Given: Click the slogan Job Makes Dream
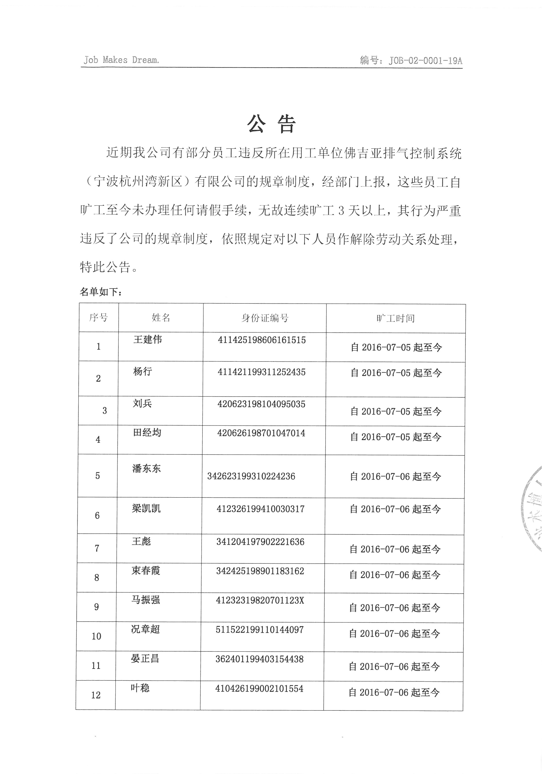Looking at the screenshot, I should click(x=121, y=60).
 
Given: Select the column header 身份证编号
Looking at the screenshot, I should click(x=265, y=318).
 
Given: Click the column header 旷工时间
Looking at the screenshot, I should click(x=395, y=318).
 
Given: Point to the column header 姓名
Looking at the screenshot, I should click(x=161, y=318).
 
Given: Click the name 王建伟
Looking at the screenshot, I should click(x=148, y=339).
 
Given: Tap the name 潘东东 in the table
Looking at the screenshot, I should click(x=146, y=468).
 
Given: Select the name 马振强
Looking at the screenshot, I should click(x=146, y=600).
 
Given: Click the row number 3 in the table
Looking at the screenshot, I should click(x=104, y=411).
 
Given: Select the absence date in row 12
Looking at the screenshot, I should click(x=394, y=693).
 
